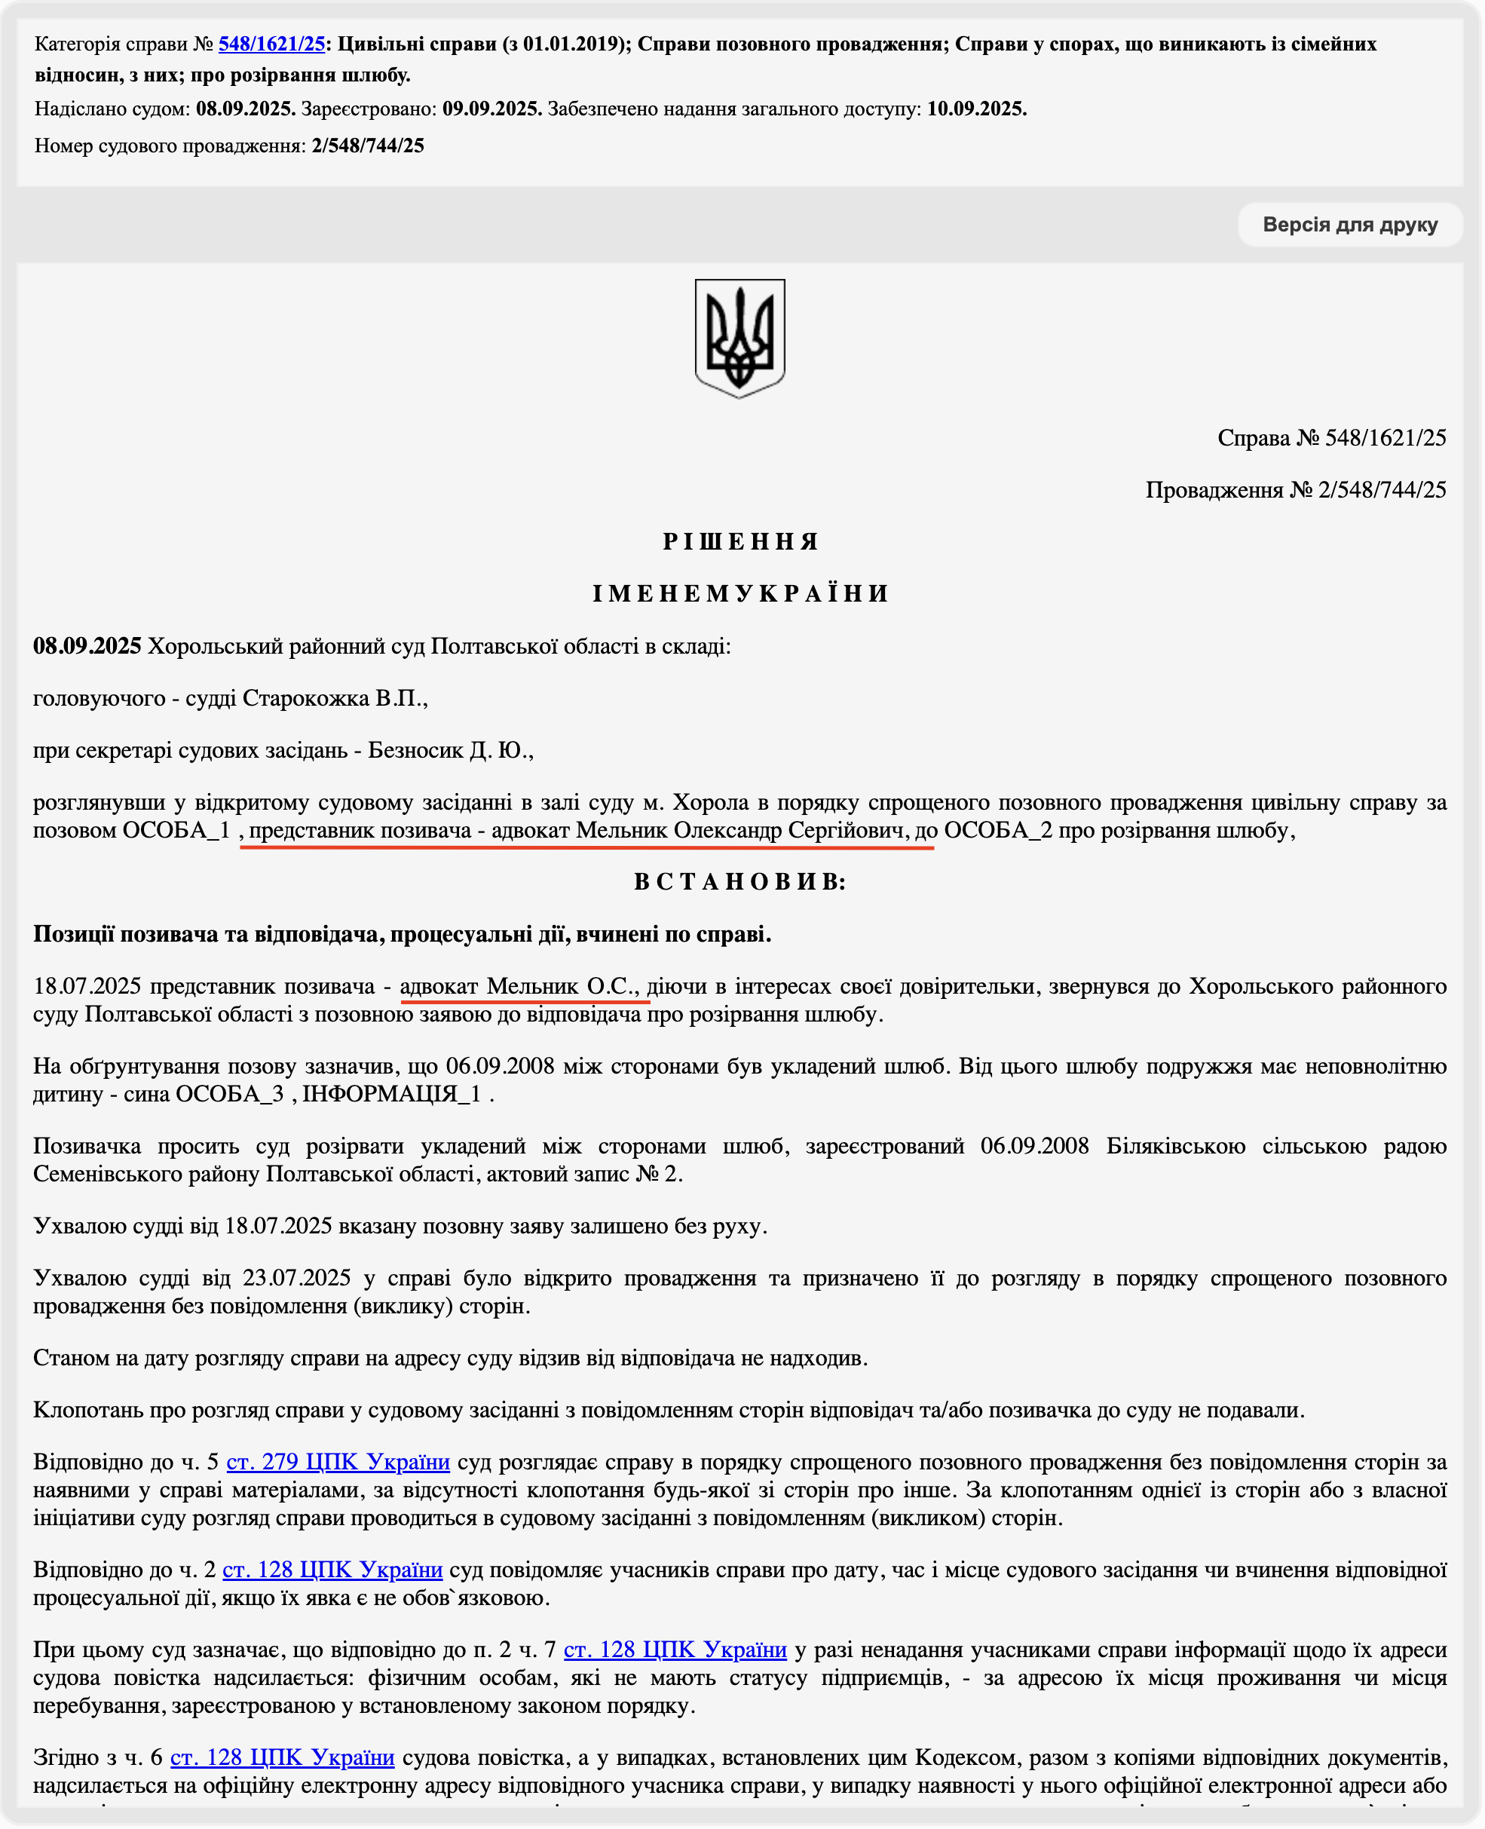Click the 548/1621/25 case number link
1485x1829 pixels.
point(271,44)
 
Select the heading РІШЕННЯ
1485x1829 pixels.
point(741,541)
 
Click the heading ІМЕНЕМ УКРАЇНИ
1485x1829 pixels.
point(741,593)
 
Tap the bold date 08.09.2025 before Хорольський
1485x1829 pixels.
point(87,646)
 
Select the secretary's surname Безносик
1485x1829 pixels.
point(415,750)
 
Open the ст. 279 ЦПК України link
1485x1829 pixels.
point(338,1461)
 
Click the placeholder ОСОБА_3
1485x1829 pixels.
point(229,1094)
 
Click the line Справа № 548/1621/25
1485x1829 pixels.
point(1331,438)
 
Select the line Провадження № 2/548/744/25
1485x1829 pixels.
point(1295,490)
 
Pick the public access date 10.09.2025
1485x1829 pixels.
point(976,109)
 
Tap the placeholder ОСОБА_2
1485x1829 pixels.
point(997,830)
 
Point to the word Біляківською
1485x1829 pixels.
point(1175,1147)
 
